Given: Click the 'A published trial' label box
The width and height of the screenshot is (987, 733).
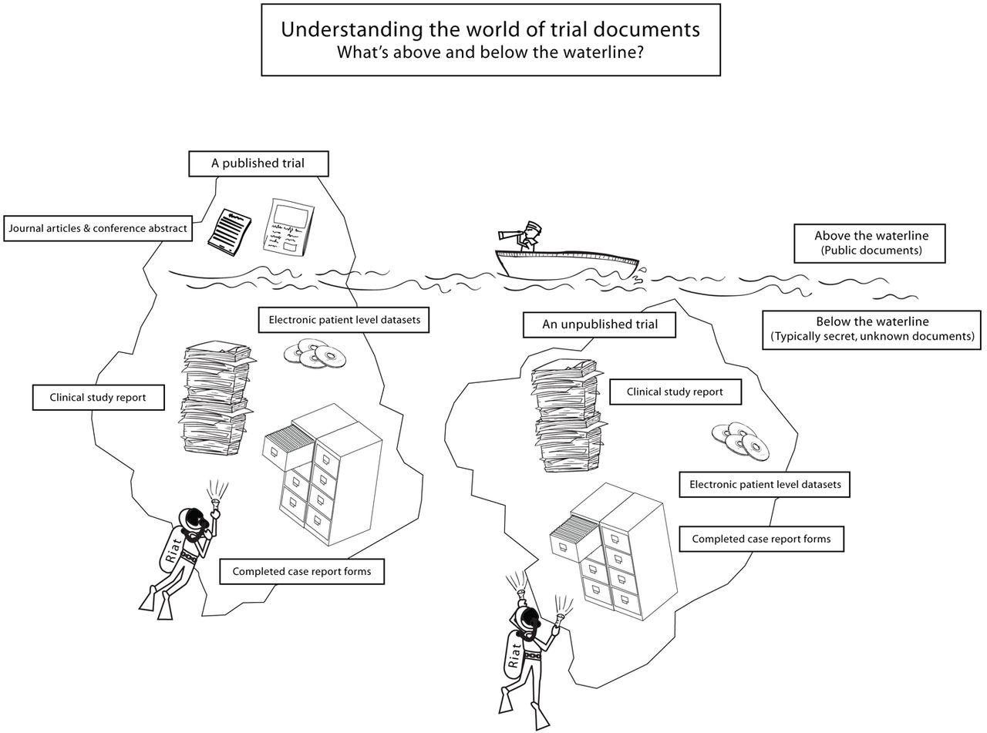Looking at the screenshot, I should tap(258, 163).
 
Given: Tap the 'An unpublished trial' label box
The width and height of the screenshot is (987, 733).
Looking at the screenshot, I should tap(599, 324).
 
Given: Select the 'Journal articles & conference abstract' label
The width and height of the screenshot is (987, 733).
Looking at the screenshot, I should tap(98, 229).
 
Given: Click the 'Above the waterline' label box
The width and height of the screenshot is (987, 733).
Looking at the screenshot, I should tap(871, 243).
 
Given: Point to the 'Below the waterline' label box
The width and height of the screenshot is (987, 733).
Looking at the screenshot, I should tap(871, 329).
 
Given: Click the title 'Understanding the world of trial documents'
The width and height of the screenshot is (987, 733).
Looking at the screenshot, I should tap(490, 29).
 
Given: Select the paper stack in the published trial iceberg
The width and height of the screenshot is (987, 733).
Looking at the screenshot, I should tap(215, 397).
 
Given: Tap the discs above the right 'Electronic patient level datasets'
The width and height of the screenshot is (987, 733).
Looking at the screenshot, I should tap(740, 440).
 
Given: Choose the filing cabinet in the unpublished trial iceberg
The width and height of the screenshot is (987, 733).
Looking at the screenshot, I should tap(609, 547).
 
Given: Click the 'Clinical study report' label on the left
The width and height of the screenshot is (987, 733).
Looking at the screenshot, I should tap(98, 398).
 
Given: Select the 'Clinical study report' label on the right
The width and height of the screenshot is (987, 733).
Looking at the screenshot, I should tap(675, 392).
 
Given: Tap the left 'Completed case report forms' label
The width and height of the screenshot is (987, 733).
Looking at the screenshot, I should tap(301, 571).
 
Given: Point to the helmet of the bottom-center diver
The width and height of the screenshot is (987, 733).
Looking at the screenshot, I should tap(528, 619).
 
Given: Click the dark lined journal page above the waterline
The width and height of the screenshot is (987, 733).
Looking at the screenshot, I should tap(229, 230).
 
